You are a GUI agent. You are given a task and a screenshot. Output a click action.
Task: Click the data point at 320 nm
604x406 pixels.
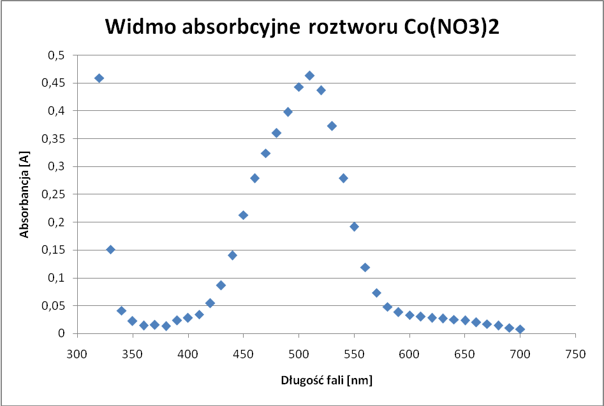coord(99,78)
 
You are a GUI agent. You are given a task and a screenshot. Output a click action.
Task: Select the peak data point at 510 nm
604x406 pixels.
coord(309,75)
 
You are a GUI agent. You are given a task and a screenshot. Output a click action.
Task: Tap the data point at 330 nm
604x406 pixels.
coord(110,249)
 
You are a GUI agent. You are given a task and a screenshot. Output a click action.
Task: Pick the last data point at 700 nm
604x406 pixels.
coord(520,329)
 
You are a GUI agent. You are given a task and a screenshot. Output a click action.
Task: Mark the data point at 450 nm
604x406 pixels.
coord(243,215)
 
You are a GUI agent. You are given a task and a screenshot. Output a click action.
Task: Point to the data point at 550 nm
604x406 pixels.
coord(354,226)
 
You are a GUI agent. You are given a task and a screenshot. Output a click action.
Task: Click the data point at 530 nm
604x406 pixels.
coord(332,126)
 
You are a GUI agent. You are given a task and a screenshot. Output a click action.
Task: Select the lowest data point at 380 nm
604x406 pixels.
coord(166,326)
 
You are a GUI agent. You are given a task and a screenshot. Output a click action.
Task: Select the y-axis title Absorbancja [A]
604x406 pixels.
coord(24,194)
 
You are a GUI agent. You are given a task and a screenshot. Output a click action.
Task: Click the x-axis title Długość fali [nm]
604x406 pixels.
coord(327,381)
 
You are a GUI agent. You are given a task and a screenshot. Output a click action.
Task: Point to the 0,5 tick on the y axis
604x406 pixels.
coord(56,55)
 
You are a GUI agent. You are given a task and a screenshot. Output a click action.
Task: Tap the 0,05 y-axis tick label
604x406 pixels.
coord(54,305)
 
